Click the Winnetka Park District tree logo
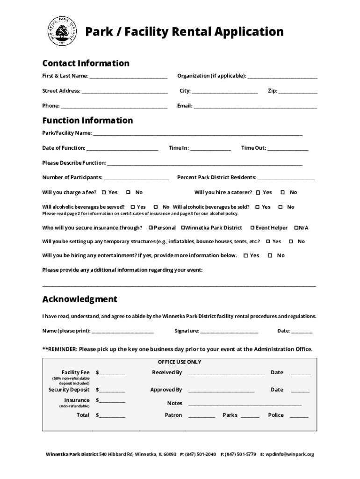coord(62,32)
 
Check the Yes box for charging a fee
coord(103,192)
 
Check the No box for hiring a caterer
coord(282,192)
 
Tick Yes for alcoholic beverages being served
coord(132,207)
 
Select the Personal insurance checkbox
coord(151,228)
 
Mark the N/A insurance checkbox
coord(296,228)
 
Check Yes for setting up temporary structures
coord(268,241)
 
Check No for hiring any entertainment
coord(270,255)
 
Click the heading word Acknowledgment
coord(79,299)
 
